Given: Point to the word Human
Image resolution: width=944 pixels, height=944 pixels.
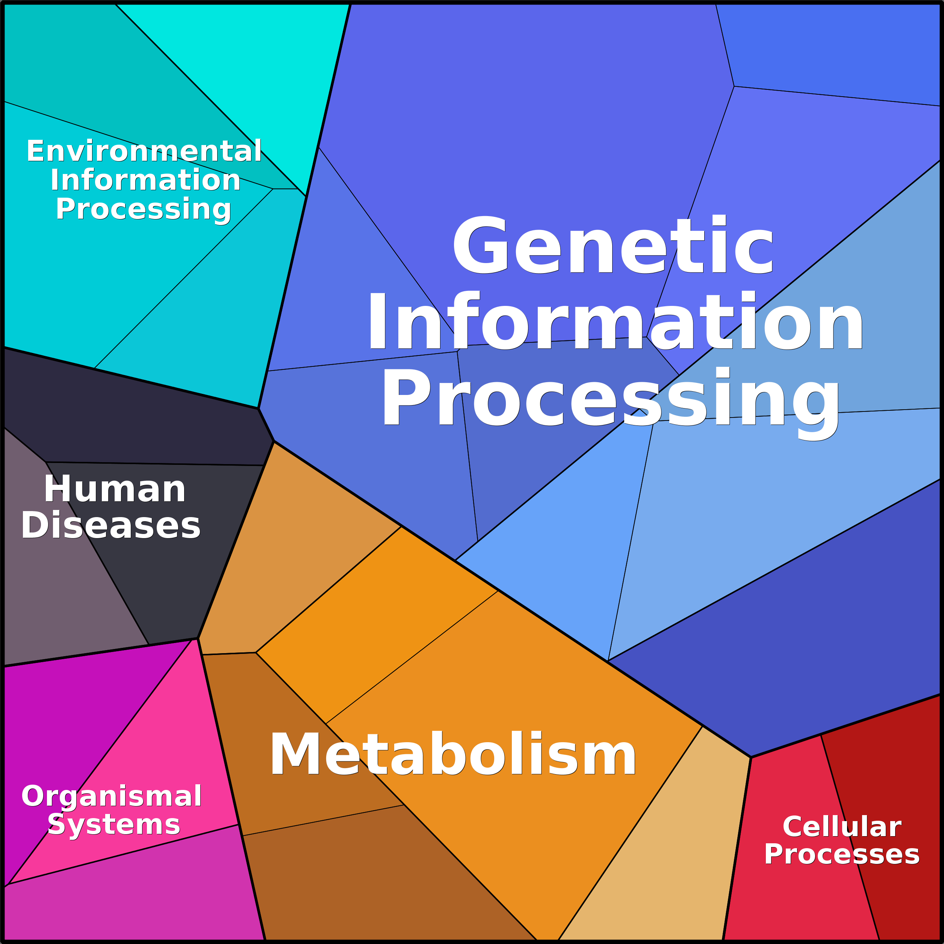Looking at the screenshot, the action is pyautogui.click(x=115, y=489).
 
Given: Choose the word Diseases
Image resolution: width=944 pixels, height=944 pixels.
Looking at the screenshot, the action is pyautogui.click(x=110, y=525).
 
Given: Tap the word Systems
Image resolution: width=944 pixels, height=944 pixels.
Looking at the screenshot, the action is pyautogui.click(x=114, y=826).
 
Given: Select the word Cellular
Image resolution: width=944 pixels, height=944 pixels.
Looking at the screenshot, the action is pyautogui.click(x=842, y=827).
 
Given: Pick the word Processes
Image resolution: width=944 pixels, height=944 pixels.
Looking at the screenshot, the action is pyautogui.click(x=842, y=855).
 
